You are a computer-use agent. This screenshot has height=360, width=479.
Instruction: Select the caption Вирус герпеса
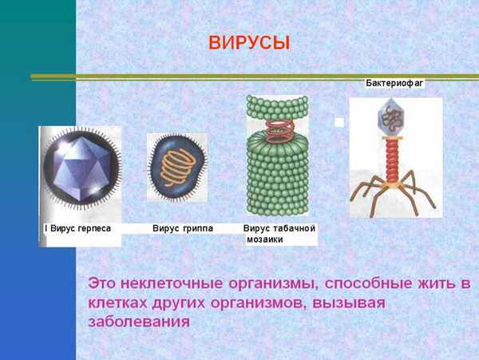(79, 228)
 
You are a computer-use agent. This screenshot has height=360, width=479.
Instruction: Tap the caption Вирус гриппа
(182, 228)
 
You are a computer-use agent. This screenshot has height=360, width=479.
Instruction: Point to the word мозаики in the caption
(265, 239)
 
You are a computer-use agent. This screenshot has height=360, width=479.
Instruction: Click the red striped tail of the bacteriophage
(392, 156)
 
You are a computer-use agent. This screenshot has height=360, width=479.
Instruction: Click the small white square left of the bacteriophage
(339, 123)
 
